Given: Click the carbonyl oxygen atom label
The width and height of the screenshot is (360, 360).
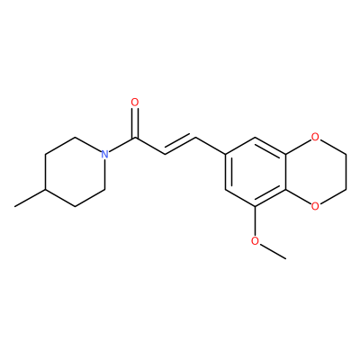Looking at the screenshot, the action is pos(135,103).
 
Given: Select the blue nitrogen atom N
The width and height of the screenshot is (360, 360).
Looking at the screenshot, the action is pos(104,154).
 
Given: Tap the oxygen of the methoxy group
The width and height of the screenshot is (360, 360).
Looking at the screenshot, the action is pos(255,240).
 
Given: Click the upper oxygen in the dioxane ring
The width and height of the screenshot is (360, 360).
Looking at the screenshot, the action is pos(315,137).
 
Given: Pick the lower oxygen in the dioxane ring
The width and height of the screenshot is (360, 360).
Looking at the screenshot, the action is pos(315,206).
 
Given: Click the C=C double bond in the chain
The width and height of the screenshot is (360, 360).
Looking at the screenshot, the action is pos(180,146).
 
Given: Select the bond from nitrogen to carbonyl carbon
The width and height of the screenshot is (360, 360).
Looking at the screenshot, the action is pos(121,145).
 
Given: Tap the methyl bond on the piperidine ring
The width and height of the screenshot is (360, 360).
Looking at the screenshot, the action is pos(30,198).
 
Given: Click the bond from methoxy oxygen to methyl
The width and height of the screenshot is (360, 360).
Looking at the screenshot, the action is pos(273,251).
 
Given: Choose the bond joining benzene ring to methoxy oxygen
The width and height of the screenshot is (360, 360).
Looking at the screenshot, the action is pos(255,220).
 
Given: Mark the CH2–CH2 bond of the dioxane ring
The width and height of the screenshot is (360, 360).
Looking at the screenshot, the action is pos(346,172).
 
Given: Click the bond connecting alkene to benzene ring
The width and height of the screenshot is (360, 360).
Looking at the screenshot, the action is pos(211,146).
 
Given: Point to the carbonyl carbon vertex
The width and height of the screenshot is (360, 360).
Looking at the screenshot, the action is pos(135,138).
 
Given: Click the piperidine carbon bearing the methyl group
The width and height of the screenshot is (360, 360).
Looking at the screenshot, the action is pos(45,189).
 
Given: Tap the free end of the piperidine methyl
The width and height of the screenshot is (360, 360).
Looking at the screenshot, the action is pos(15,206).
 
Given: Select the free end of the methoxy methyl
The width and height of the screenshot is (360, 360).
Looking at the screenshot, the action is pos(285,258).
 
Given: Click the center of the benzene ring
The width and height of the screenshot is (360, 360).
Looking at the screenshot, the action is pos(255,172).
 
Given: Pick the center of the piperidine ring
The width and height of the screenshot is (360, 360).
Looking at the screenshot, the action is pos(75,172).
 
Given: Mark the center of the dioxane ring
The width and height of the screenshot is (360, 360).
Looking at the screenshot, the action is pos(315,172).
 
